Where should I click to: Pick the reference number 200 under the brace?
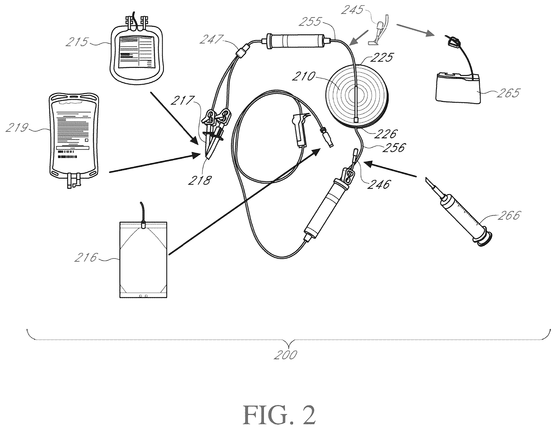286,355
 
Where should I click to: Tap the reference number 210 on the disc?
303,76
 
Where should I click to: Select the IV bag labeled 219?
74,141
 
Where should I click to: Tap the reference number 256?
393,147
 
